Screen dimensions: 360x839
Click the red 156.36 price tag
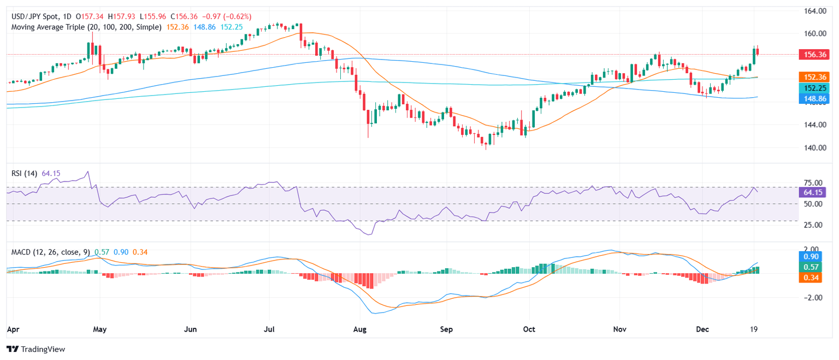pyautogui.click(x=814, y=55)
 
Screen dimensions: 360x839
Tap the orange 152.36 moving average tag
pyautogui.click(x=814, y=77)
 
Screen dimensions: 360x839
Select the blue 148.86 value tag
pyautogui.click(x=814, y=99)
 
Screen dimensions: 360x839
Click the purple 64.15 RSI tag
pyautogui.click(x=814, y=192)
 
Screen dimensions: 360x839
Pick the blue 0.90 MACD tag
pyautogui.click(x=814, y=256)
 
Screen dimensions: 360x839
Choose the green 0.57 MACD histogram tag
pyautogui.click(x=814, y=267)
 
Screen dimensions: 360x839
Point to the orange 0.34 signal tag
pyautogui.click(x=814, y=278)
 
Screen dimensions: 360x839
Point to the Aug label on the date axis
pyautogui.click(x=359, y=330)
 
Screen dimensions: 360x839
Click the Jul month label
pyautogui.click(x=269, y=330)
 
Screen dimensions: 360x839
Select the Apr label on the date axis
pyautogui.click(x=13, y=330)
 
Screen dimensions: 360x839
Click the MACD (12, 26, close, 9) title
pyautogui.click(x=50, y=252)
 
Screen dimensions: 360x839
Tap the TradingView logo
pyautogui.click(x=36, y=349)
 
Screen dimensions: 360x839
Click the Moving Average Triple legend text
pyautogui.click(x=86, y=27)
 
